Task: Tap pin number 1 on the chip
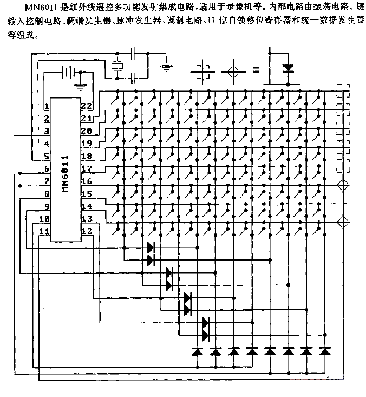pyautogui.click(x=47, y=106)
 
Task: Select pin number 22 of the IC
pyautogui.click(x=86, y=106)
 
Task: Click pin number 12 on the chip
pyautogui.click(x=86, y=231)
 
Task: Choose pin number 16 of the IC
pyautogui.click(x=86, y=181)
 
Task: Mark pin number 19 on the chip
pyautogui.click(x=86, y=144)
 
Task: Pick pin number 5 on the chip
pyautogui.click(x=47, y=156)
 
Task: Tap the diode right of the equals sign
pyautogui.click(x=287, y=69)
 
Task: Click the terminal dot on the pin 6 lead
pyautogui.click(x=20, y=173)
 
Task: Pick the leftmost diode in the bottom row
pyautogui.click(x=198, y=352)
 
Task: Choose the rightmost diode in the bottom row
pyautogui.click(x=324, y=352)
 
